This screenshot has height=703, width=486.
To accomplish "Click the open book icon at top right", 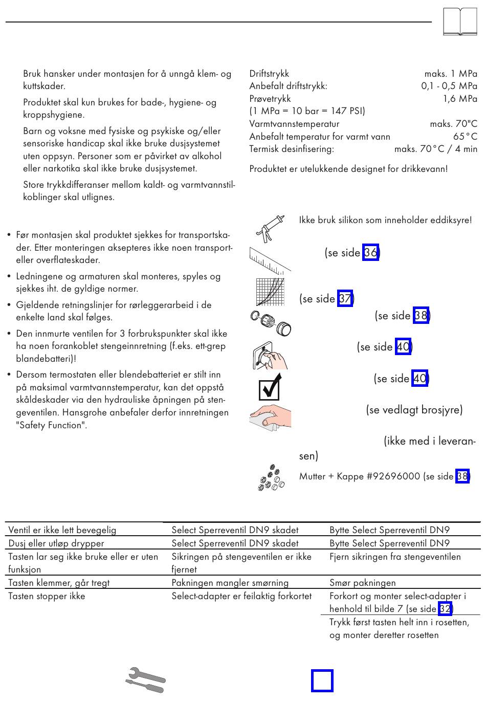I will tap(460, 22).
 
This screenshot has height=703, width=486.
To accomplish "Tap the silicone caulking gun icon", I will tap(270, 229).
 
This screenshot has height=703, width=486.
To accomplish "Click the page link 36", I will tap(370, 253).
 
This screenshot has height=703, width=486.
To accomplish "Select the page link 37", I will tap(345, 298).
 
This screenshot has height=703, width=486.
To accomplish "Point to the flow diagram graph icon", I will tap(270, 292).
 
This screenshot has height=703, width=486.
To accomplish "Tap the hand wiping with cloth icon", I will tap(271, 416).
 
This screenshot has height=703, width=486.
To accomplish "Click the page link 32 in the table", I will tap(445, 609).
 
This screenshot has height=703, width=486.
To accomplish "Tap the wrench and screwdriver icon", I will tap(146, 680).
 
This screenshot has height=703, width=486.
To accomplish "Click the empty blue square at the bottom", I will tap(322, 681).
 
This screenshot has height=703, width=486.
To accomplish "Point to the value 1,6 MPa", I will tap(459, 99).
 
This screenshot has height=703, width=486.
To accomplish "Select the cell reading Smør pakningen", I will tap(363, 583).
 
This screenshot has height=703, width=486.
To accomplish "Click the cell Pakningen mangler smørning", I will tap(230, 583).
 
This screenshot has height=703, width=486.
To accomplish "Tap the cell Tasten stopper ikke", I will tap(47, 596).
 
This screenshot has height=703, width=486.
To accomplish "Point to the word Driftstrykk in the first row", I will tap(269, 74).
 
